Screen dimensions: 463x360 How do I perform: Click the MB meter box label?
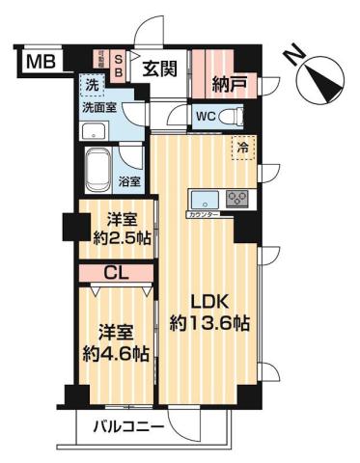[40, 63]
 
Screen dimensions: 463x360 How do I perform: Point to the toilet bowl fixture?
[230, 117]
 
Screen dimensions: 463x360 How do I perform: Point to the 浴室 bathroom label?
[129, 180]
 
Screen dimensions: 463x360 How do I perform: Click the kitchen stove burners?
[237, 200]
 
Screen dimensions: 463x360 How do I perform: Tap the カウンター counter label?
[201, 214]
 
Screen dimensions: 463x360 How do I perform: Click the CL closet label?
[114, 274]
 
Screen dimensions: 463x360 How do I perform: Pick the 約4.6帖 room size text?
[115, 353]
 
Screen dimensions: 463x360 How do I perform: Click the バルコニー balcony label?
[127, 426]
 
